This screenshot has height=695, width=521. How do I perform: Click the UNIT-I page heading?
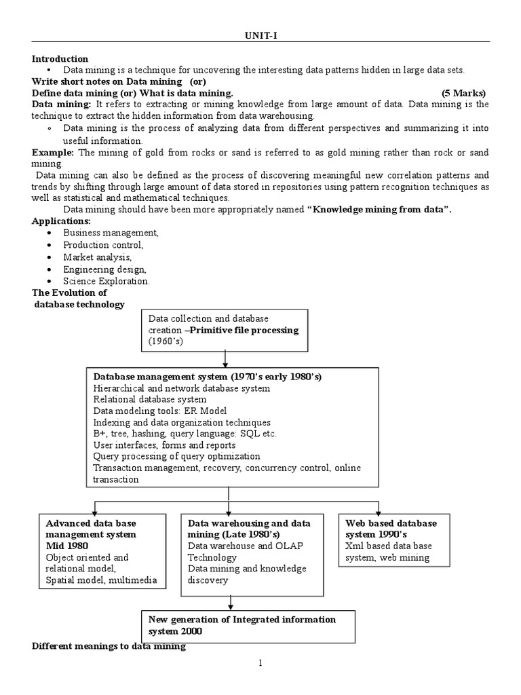[x=260, y=35]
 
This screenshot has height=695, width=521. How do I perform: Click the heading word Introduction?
[x=60, y=59]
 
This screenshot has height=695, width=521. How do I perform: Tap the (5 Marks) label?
[x=463, y=93]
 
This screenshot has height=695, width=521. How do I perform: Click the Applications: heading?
[x=61, y=221]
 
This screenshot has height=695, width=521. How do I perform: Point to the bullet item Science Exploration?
[x=107, y=281]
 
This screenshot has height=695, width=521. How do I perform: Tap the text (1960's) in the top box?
[x=166, y=342]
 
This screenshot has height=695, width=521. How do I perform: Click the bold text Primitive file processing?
[x=245, y=330]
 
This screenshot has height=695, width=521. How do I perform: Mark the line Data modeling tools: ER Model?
[x=160, y=411]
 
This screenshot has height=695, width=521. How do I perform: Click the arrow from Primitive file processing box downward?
[x=224, y=358]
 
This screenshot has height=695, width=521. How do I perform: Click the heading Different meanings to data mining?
[x=109, y=647]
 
